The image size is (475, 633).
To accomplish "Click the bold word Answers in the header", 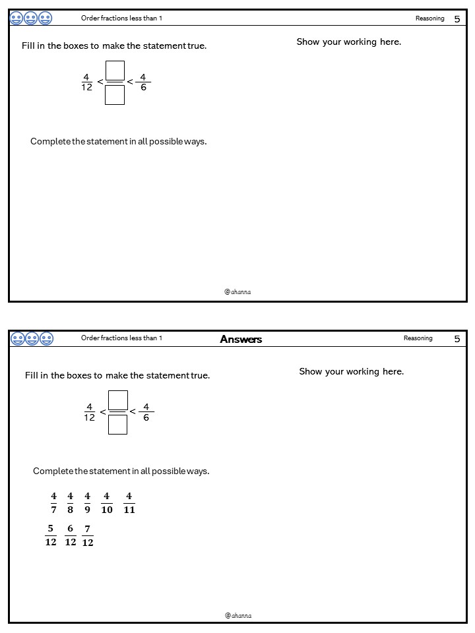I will coord(241,339).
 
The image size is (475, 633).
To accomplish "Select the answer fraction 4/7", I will coord(53,502).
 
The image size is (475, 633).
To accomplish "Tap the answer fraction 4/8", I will coord(71,502).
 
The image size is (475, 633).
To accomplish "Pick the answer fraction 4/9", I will coord(87,502).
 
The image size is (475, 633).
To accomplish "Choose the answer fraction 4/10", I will coord(107,502).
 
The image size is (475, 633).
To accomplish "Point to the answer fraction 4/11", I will coord(129,502).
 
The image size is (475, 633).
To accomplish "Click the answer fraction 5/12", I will coord(51,535).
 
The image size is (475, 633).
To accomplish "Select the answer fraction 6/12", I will coord(71,535).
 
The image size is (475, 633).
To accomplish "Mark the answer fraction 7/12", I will coord(88,535).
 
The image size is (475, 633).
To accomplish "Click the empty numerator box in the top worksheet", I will coord(115,69).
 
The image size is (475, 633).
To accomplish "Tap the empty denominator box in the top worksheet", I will coord(115,95).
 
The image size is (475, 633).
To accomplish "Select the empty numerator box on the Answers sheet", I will coord(117,400).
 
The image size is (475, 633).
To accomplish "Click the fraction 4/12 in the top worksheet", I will coord(86,82).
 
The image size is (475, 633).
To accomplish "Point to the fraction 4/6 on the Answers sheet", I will coord(146,412).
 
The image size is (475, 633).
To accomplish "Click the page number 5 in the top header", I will coord(457,19).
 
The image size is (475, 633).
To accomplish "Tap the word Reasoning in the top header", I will coord(429,18).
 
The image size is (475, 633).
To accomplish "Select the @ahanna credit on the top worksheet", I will coord(237,291).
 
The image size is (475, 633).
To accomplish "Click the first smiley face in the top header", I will coord(16,18).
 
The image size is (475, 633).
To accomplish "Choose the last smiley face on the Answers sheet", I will coord(46,339).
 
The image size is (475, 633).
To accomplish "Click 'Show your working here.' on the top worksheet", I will coord(348,42).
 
